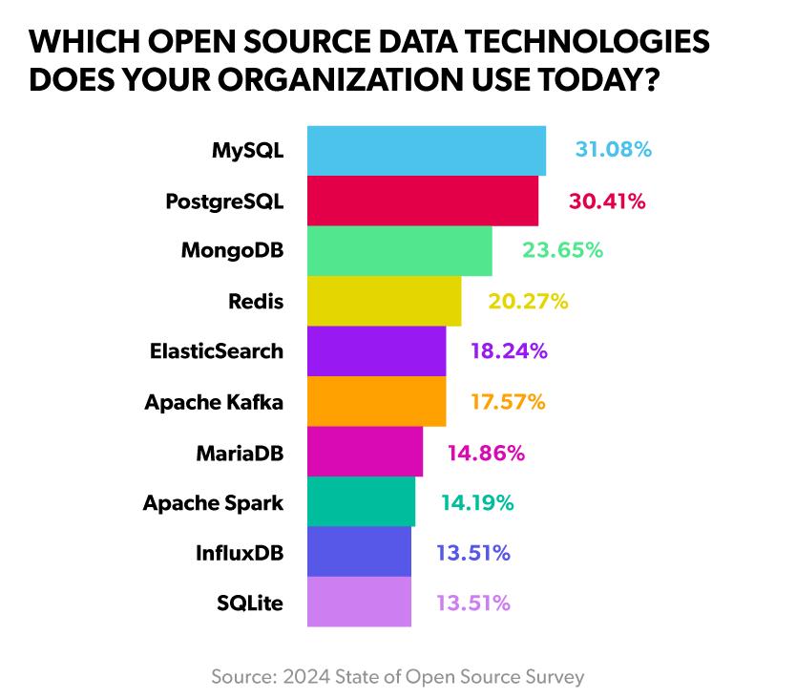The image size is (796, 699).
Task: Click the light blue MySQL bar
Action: (426, 151)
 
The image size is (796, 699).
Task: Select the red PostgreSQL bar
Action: (422, 201)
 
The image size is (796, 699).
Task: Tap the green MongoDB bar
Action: (399, 251)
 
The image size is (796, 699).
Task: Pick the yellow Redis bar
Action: (384, 301)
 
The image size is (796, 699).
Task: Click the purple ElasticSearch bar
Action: (376, 351)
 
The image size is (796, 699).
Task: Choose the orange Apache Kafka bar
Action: (376, 401)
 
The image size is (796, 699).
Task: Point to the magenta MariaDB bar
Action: (365, 452)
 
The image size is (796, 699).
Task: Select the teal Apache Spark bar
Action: (361, 501)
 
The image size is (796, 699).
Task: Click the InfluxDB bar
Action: (359, 552)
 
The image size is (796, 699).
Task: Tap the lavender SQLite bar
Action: (359, 602)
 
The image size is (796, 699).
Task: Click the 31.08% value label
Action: (613, 150)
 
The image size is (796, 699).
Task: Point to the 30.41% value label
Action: (607, 201)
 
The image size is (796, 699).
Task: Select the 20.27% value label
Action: (528, 302)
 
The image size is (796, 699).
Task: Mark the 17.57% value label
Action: (508, 402)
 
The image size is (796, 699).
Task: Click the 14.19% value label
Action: (477, 502)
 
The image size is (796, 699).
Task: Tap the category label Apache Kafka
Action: (214, 402)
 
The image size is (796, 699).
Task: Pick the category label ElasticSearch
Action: (217, 351)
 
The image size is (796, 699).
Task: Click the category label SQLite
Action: (250, 603)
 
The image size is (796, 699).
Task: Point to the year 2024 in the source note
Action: (304, 677)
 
